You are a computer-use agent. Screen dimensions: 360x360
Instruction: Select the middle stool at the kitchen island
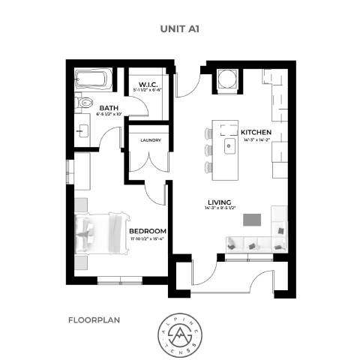[208, 148]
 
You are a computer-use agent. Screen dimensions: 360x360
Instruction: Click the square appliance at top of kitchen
[227, 79]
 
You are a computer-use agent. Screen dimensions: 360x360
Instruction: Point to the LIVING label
[219, 201]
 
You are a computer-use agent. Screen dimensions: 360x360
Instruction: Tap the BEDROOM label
[147, 230]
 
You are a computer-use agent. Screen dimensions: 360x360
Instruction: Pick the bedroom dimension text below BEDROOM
[147, 238]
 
